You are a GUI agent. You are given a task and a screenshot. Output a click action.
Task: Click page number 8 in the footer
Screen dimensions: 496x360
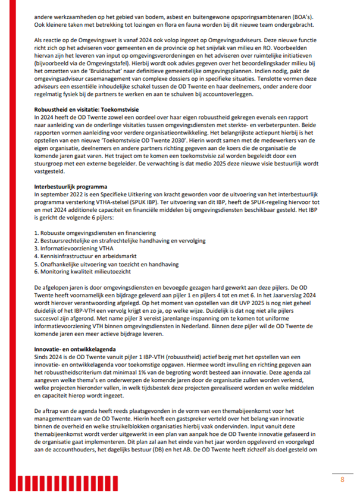click(x=342, y=479)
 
